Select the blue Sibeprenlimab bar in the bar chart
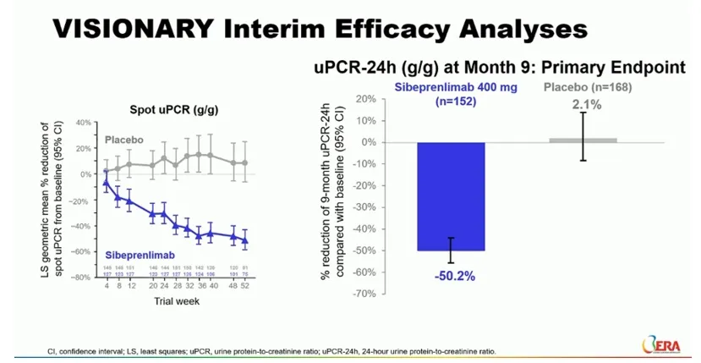coord(450,195)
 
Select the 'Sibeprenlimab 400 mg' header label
coord(451,85)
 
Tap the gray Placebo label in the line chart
coord(124,140)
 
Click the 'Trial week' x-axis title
coord(175,300)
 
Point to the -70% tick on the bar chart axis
coord(364,293)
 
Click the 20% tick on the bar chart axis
coord(365,99)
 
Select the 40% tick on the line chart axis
coord(83,123)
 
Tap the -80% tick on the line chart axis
coord(81,278)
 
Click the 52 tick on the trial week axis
coord(245,286)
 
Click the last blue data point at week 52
coord(245,240)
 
